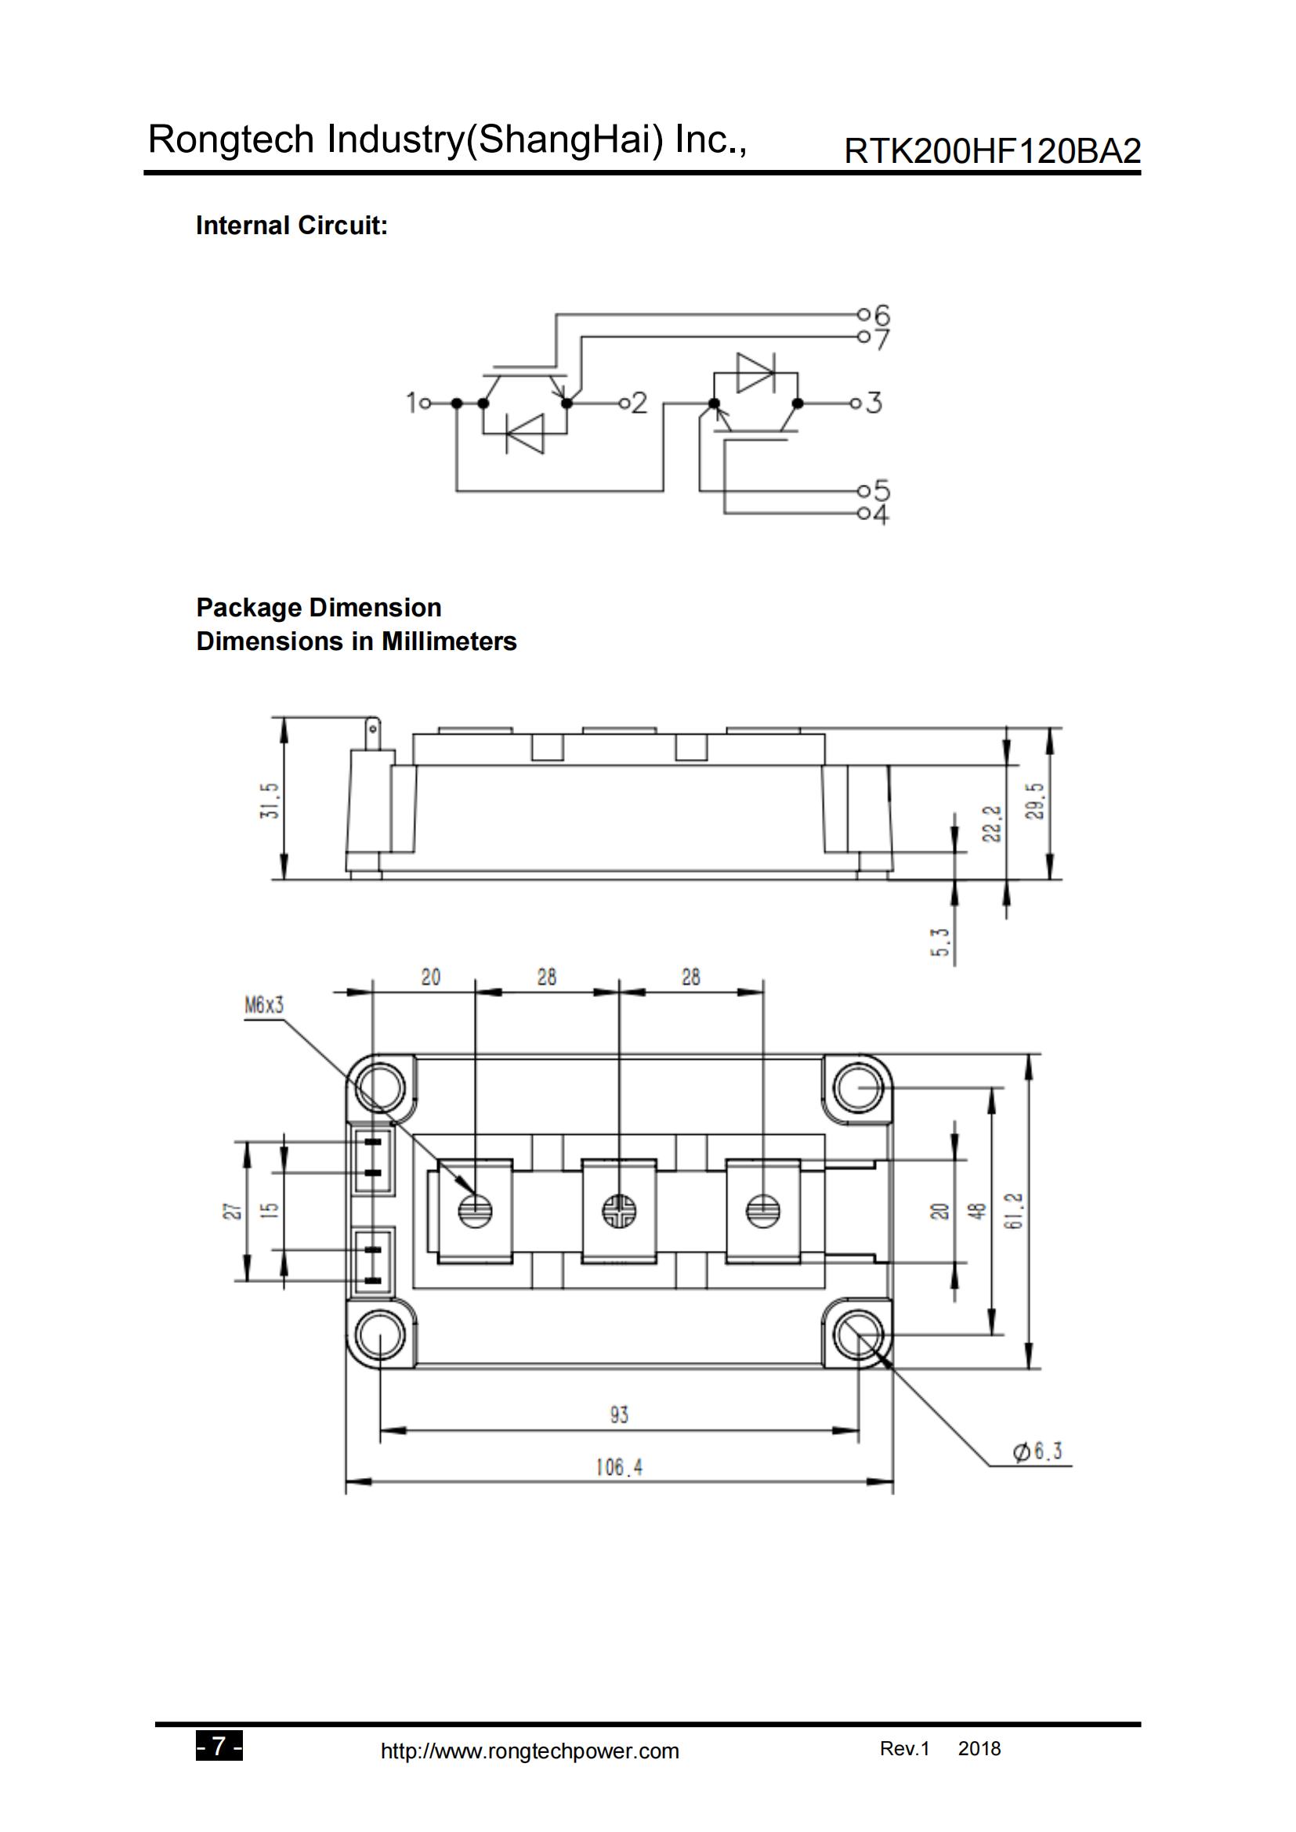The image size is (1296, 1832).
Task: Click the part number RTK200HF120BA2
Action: [x=992, y=151]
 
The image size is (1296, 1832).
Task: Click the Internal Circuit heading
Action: [x=291, y=226]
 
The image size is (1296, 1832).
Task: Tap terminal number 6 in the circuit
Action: [x=881, y=314]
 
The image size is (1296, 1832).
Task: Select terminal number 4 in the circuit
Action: [x=880, y=515]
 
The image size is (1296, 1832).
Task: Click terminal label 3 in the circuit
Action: [x=874, y=402]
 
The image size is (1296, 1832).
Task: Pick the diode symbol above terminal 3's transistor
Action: [x=755, y=373]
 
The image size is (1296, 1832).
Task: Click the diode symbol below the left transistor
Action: [x=525, y=434]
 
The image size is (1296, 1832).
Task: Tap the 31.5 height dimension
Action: [x=270, y=800]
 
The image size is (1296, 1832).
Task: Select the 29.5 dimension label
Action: [x=1034, y=802]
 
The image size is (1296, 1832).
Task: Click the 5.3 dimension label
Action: [x=941, y=942]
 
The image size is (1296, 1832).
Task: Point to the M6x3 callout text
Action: [x=264, y=1006]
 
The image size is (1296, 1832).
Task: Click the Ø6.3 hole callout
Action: [x=1037, y=1451]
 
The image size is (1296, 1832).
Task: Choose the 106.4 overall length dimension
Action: [x=618, y=1466]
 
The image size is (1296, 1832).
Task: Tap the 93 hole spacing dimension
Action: [x=619, y=1415]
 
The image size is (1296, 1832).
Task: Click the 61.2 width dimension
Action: [x=1014, y=1211]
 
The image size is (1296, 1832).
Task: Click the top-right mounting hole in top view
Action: [x=858, y=1088]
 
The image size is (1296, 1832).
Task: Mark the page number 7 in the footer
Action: [x=219, y=1747]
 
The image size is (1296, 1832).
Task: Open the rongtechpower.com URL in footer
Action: [x=530, y=1751]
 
